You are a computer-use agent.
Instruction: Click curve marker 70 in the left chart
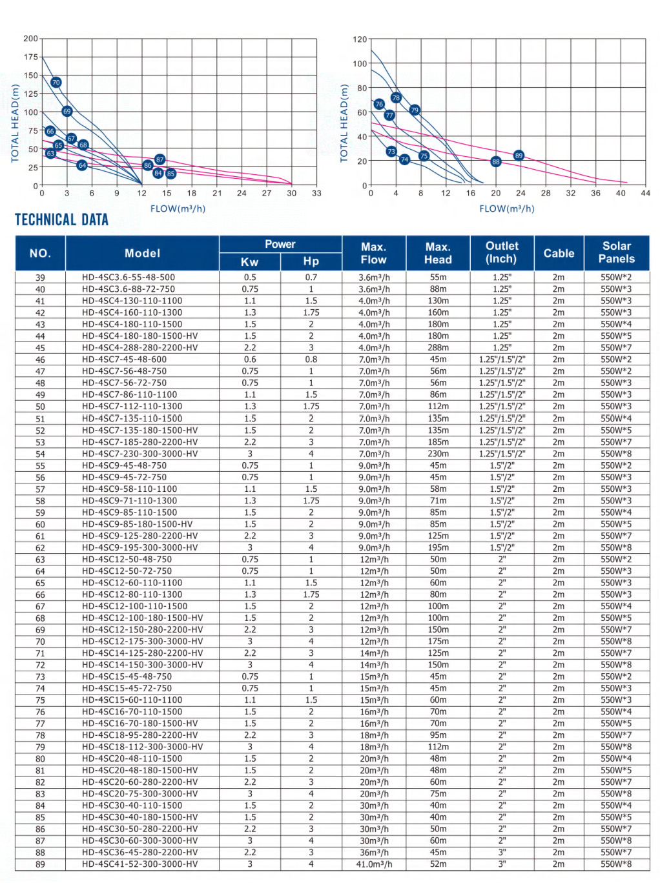click(56, 82)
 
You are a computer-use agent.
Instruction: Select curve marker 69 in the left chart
click(67, 111)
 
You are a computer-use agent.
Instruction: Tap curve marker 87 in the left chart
click(160, 159)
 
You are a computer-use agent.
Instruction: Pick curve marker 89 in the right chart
click(519, 156)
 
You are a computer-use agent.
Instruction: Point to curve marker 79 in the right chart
click(415, 110)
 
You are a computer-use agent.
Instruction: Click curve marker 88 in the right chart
click(496, 161)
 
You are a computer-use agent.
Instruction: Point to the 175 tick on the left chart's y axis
click(31, 57)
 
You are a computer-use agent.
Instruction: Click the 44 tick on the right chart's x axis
click(645, 193)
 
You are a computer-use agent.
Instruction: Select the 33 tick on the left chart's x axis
click(316, 193)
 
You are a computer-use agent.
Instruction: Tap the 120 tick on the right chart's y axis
click(360, 39)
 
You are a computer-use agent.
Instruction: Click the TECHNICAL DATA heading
click(62, 220)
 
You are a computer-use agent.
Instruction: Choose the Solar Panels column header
click(616, 252)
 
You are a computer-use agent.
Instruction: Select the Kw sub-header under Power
click(250, 261)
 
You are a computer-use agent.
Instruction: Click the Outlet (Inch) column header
click(502, 252)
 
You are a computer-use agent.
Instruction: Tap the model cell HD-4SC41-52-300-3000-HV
click(139, 864)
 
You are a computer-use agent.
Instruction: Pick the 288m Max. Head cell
click(438, 347)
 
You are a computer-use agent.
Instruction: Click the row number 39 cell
click(40, 278)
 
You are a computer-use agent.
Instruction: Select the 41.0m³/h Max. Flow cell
click(374, 864)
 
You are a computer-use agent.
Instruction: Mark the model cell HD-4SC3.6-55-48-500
click(129, 278)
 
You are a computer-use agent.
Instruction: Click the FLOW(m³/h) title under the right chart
click(507, 208)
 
